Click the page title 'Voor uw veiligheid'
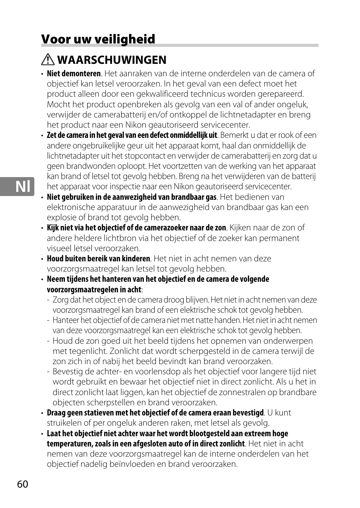(98, 39)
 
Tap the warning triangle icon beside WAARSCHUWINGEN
(48, 60)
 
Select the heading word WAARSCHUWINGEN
(112, 60)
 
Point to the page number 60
(23, 484)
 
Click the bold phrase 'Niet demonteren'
(74, 74)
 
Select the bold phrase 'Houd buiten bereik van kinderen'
(98, 259)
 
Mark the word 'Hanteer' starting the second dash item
(66, 320)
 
